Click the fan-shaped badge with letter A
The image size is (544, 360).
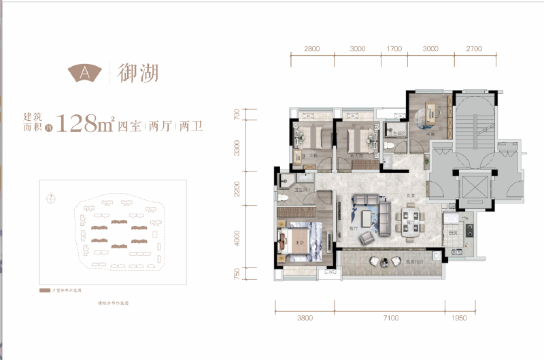85,71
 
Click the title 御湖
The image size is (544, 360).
138,71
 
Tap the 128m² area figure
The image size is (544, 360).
85,124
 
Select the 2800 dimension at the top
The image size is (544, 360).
312,49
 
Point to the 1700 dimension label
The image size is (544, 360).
394,49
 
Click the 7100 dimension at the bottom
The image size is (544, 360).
390,317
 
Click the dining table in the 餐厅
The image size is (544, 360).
409,227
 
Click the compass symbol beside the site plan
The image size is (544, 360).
50,199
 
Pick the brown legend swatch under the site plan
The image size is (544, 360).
46,290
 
